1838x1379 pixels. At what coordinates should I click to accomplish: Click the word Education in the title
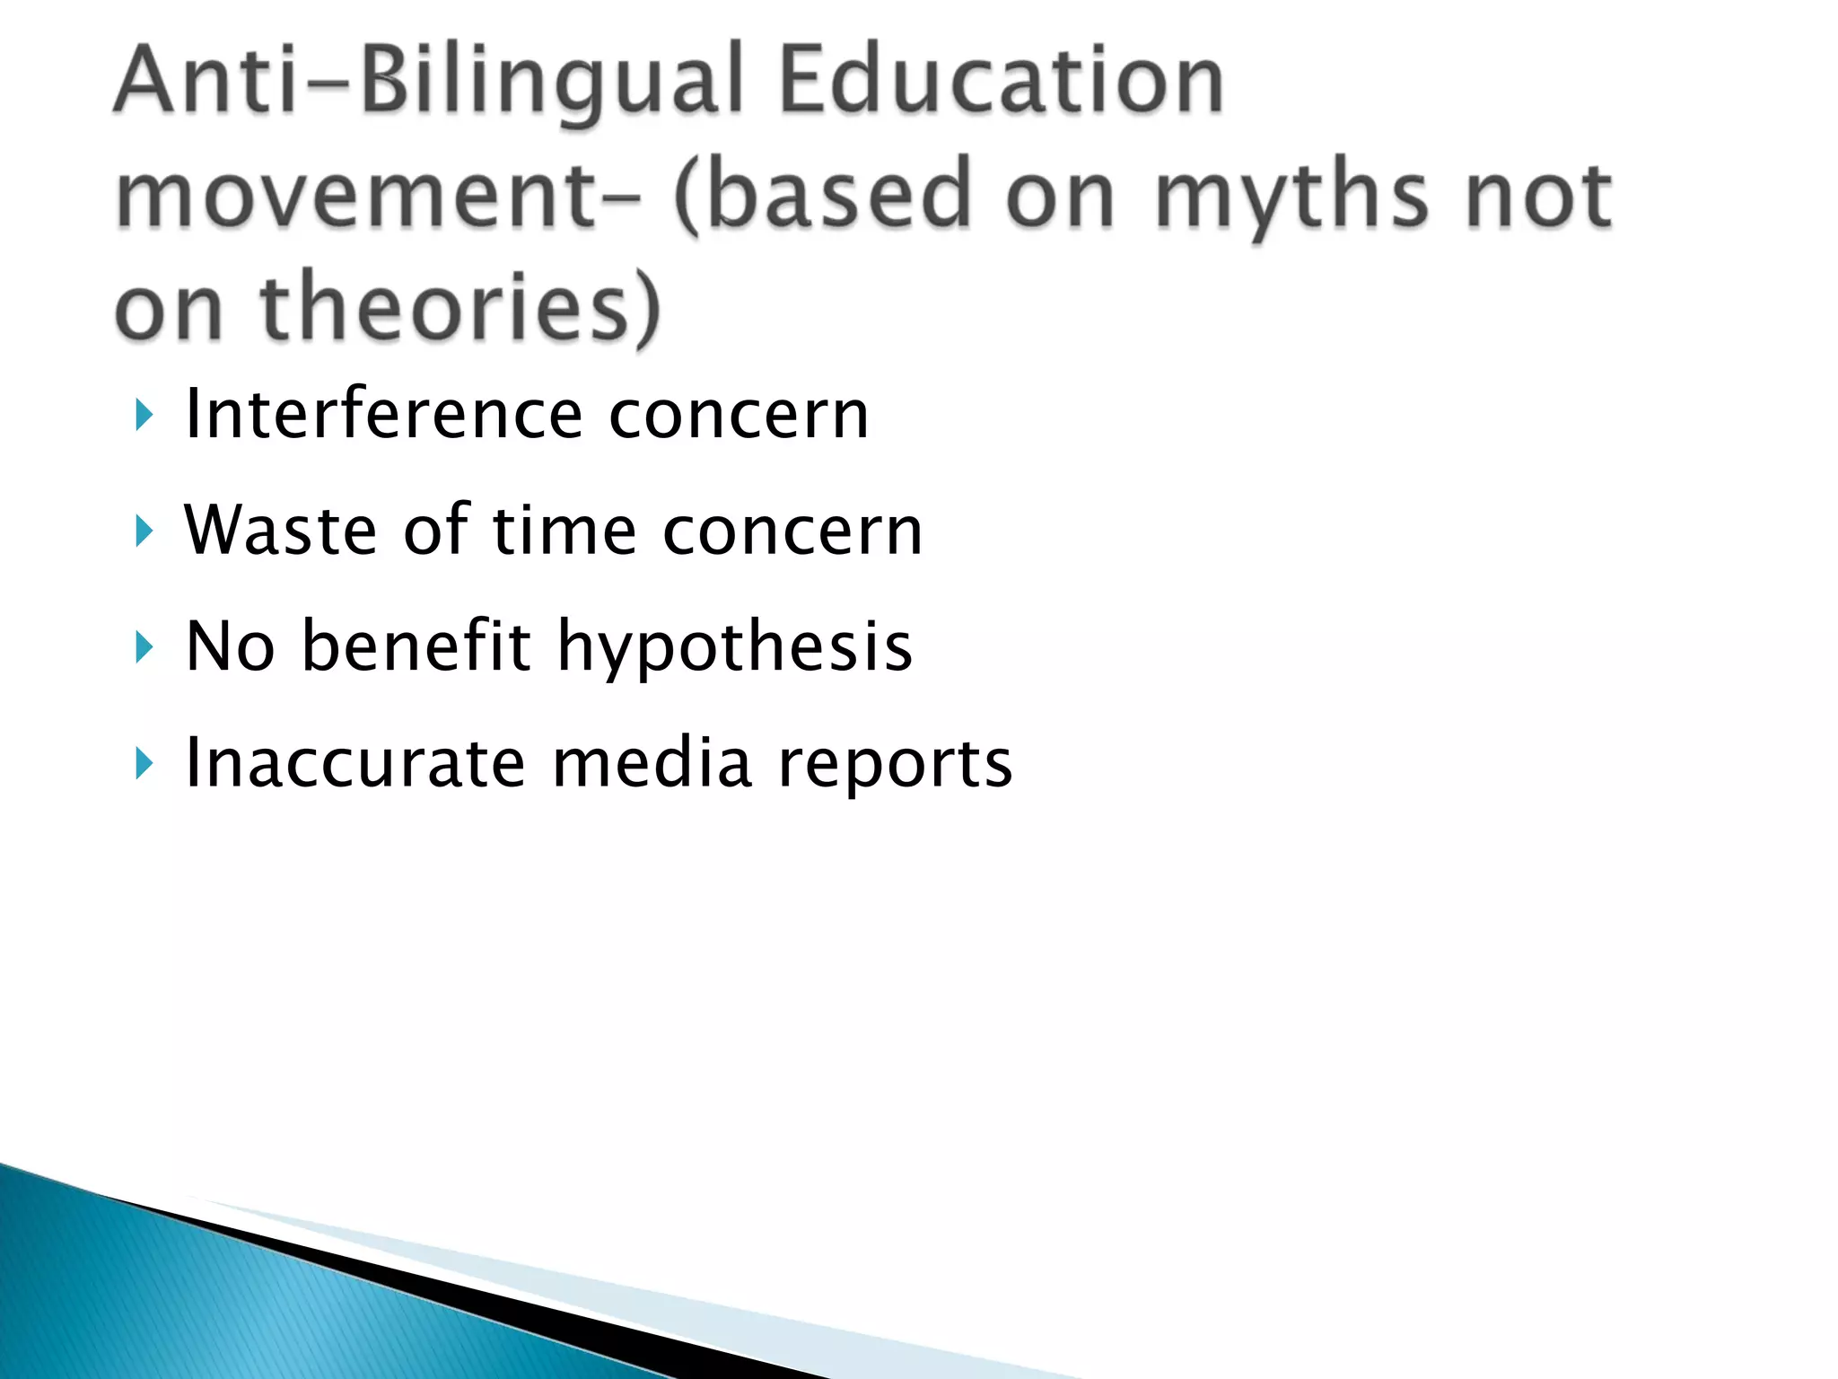(x=1001, y=83)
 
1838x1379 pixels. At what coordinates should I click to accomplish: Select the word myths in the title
(x=1290, y=196)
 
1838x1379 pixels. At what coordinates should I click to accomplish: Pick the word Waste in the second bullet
(x=279, y=531)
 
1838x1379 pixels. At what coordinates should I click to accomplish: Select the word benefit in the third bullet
(x=416, y=646)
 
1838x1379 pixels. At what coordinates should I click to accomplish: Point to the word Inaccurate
(x=354, y=763)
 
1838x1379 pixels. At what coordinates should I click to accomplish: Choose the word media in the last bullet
(x=652, y=763)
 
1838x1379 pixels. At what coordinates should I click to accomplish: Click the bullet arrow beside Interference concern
(x=144, y=416)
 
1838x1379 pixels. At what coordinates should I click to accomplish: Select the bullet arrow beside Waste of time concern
(x=144, y=531)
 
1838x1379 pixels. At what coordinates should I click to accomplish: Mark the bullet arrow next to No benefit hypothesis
(x=144, y=647)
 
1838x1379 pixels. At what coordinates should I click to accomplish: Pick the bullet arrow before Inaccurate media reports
(x=144, y=764)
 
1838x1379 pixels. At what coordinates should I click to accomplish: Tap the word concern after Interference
(x=739, y=416)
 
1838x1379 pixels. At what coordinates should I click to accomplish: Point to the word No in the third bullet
(x=229, y=646)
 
